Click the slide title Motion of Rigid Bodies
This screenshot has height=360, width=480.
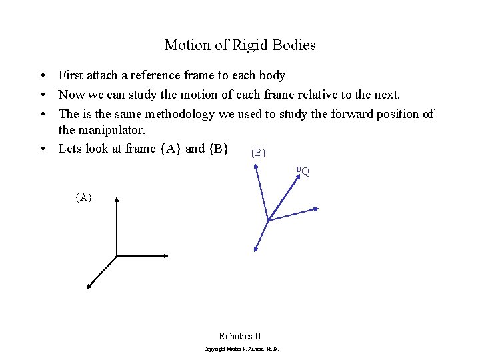point(240,45)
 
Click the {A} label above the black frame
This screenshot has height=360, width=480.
point(83,197)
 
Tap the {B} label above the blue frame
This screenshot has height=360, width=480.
point(258,153)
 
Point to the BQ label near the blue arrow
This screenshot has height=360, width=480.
point(303,171)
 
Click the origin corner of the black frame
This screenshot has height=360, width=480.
point(117,255)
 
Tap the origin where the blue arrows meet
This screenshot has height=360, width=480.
point(267,219)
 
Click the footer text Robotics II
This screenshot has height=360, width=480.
point(240,336)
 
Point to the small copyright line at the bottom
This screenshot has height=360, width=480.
point(241,349)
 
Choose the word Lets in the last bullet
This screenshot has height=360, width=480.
point(70,149)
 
